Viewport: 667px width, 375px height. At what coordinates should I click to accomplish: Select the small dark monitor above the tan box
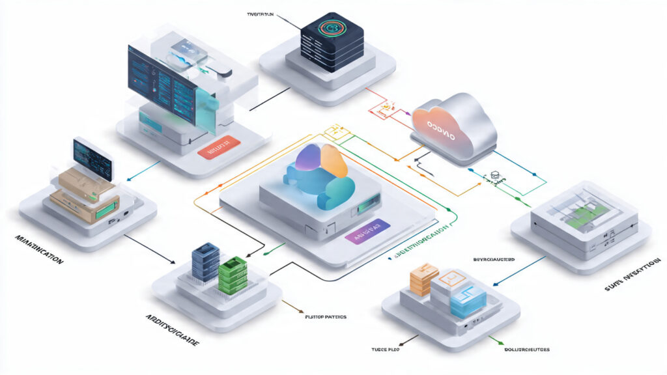(x=92, y=156)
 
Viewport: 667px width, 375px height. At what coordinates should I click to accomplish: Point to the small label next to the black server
(x=261, y=14)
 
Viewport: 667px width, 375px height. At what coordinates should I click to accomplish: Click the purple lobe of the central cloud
(x=309, y=159)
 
